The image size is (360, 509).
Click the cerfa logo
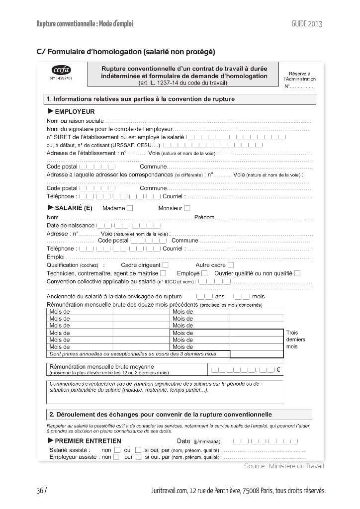(61, 70)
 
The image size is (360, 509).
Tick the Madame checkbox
(130, 208)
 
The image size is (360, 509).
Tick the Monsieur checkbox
(187, 208)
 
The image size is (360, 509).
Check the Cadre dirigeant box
(166, 265)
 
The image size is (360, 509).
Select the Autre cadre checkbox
(230, 265)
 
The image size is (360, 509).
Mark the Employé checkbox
(204, 273)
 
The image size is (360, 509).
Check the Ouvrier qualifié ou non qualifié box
(297, 273)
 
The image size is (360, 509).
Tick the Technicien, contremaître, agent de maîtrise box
(163, 273)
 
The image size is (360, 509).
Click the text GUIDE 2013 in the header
(307, 24)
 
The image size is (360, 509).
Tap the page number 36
(40, 491)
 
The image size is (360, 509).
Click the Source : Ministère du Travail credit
(284, 466)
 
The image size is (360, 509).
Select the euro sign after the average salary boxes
(278, 369)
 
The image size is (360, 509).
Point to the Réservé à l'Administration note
(299, 76)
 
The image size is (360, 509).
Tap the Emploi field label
(56, 257)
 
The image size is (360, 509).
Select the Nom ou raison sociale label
(75, 121)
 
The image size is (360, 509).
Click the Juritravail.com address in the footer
(238, 491)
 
